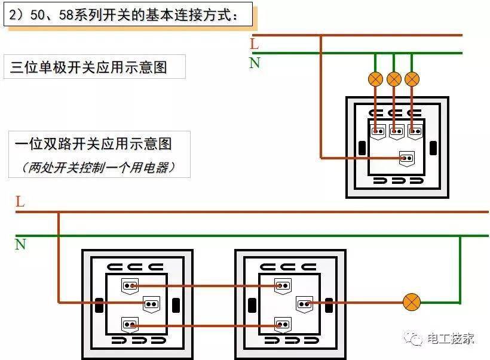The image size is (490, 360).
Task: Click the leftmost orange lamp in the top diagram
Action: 375,79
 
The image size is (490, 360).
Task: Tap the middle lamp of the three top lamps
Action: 394,79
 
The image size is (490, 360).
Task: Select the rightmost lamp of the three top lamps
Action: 412,79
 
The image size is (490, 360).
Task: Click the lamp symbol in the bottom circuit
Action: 411,302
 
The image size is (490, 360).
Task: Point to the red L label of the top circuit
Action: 255,44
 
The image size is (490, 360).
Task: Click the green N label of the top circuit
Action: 255,63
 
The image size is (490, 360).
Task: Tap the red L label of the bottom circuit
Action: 20,202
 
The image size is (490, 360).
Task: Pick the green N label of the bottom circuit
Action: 20,244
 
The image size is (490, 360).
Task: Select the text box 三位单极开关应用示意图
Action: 94,67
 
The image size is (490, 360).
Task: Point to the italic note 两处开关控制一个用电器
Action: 99,167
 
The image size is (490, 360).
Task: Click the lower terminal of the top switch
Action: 407,158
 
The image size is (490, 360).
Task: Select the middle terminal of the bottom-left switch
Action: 151,304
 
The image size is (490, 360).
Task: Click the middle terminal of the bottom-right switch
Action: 305,304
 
